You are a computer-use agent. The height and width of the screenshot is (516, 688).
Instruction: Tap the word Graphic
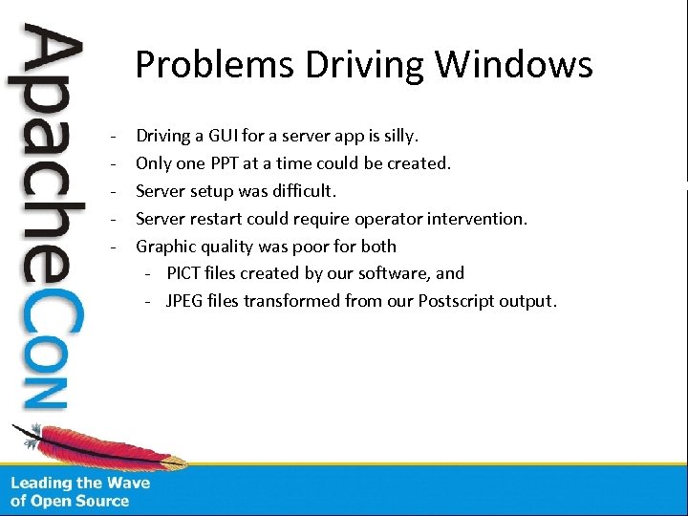pyautogui.click(x=166, y=247)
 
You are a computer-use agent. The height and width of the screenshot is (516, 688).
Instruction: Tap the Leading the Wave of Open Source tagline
pyautogui.click(x=80, y=491)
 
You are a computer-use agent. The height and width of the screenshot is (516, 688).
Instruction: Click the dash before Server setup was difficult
pyautogui.click(x=114, y=191)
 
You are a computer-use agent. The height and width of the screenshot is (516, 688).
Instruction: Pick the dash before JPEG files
pyautogui.click(x=150, y=301)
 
